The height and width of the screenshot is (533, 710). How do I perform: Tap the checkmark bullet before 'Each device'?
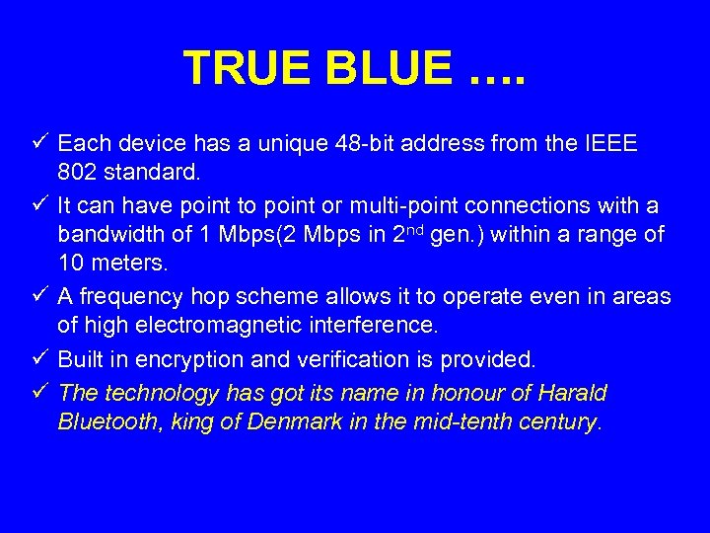(x=39, y=144)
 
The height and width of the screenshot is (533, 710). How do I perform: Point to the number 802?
(x=78, y=173)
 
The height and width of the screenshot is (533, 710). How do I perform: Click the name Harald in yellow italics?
(x=573, y=393)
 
